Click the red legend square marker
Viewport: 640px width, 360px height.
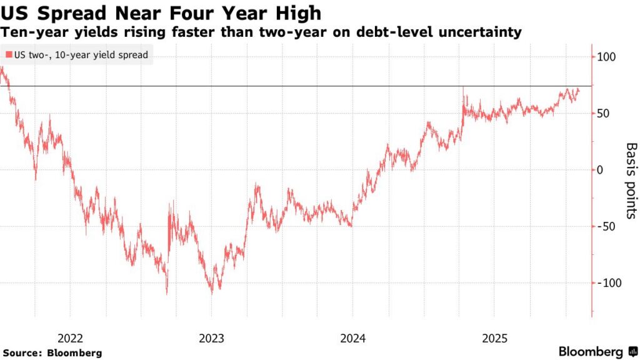[x=7, y=55]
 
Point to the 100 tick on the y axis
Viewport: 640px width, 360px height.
[x=606, y=57]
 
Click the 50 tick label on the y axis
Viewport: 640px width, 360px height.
[x=603, y=113]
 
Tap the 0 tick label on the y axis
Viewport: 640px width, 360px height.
[x=601, y=170]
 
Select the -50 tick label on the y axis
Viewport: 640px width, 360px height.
[x=605, y=226]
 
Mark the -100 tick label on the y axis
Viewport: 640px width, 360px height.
[x=607, y=283]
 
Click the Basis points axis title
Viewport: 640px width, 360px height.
[x=631, y=181]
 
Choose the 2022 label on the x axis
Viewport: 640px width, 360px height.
[x=70, y=338]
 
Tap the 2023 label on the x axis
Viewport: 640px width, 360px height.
[x=211, y=338]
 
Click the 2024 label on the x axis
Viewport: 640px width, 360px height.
[x=353, y=338]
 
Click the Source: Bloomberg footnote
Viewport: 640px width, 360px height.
[x=51, y=353]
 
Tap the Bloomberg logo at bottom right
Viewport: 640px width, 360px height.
[x=590, y=352]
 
